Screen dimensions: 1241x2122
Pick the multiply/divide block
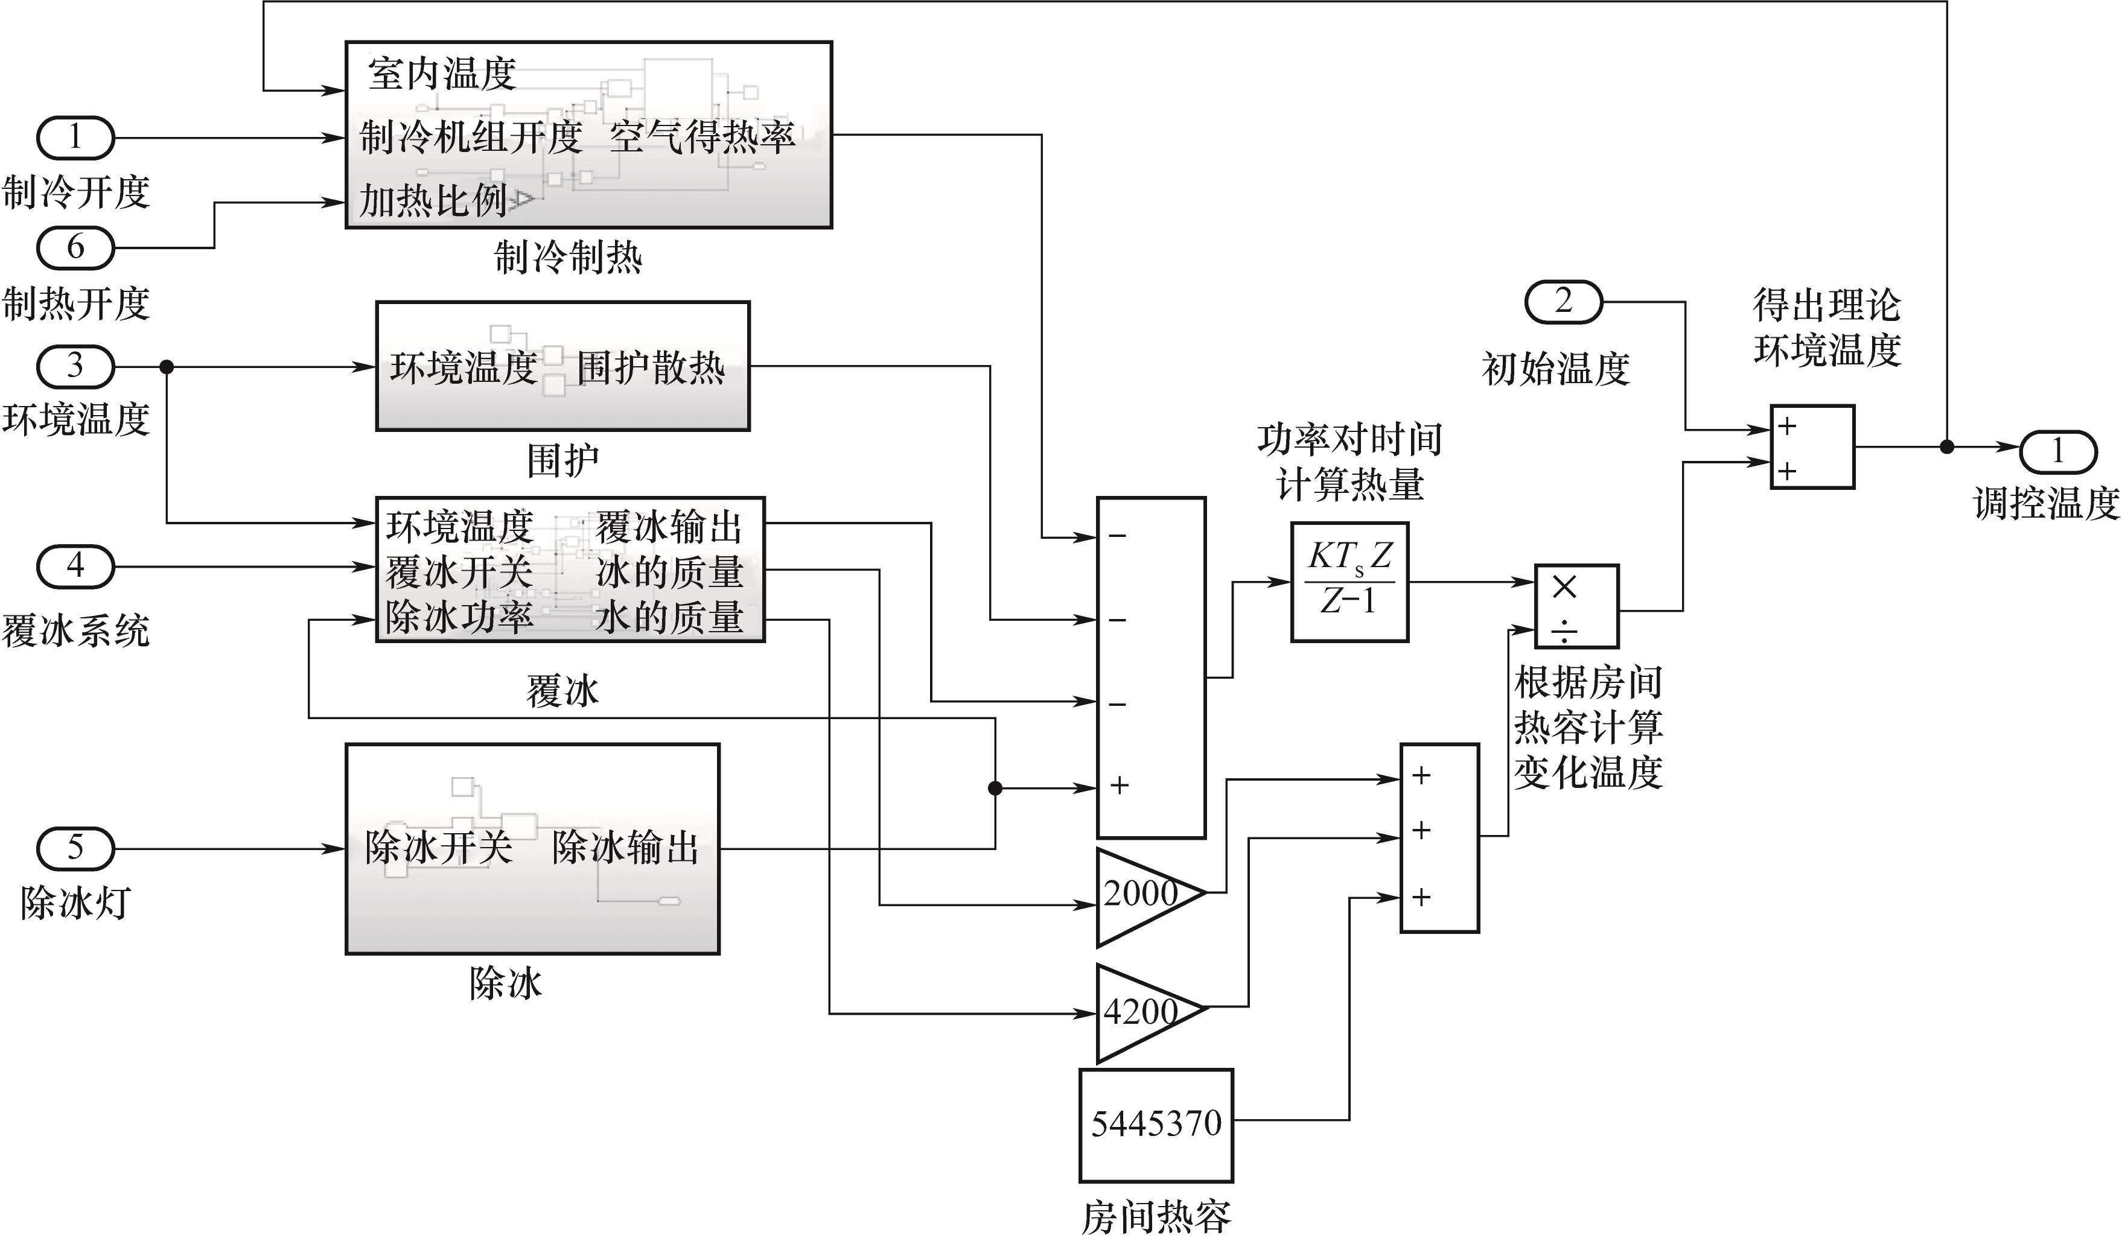click(1575, 606)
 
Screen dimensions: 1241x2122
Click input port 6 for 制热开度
click(75, 247)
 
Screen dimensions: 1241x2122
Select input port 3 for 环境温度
click(75, 366)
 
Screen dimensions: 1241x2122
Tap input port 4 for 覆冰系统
click(75, 566)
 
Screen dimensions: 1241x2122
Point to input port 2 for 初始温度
click(1563, 302)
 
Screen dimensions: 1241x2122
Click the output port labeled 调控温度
click(2057, 452)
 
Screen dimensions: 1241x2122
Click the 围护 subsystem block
click(562, 366)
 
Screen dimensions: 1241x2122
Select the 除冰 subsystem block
click(532, 849)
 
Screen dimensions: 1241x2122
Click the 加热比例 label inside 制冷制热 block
click(433, 200)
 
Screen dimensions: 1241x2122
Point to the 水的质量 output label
click(669, 618)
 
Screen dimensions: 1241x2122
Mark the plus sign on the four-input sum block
click(1119, 786)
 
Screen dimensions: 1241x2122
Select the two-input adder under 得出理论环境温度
click(1811, 447)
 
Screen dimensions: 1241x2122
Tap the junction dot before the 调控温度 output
click(1947, 447)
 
